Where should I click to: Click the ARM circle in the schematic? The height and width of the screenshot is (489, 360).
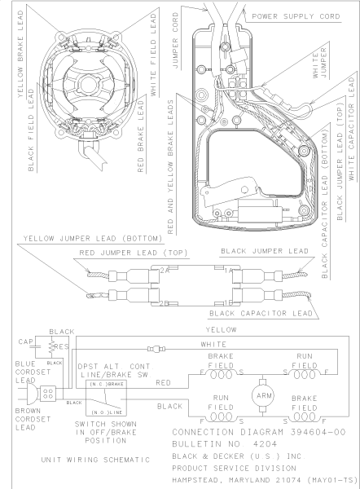262,396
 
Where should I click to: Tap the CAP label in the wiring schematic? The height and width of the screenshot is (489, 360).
25,341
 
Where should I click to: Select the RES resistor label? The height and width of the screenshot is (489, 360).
62,347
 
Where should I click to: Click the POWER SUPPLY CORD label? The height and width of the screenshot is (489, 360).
296,16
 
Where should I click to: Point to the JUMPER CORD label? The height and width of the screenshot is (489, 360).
175,41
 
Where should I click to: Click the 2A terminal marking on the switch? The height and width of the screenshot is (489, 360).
165,271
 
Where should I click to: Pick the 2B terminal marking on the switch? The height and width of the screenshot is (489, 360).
165,303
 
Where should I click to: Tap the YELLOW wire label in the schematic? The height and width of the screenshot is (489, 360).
221,329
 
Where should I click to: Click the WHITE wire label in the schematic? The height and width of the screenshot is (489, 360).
213,344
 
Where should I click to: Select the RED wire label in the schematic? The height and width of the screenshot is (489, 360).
163,383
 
